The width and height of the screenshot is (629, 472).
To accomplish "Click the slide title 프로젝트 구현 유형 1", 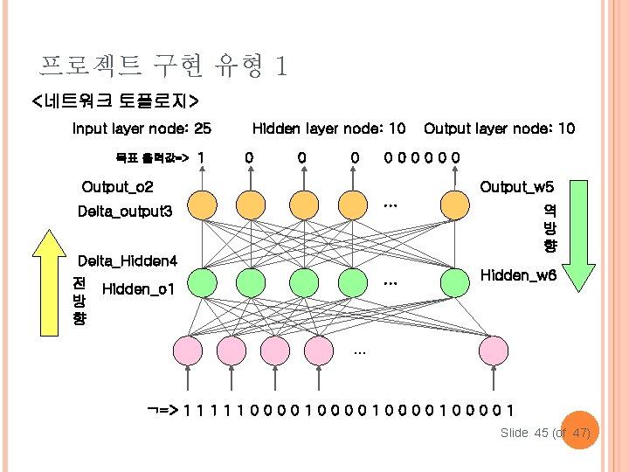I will point(163,66).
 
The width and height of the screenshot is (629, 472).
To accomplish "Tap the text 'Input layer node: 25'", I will point(142,129).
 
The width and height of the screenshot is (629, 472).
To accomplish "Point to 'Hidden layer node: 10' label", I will point(328,129).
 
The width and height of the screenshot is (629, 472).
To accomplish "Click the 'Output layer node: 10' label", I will point(499,129).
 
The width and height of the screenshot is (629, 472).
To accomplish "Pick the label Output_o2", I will point(117,186).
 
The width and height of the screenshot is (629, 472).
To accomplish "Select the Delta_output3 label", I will point(125,212).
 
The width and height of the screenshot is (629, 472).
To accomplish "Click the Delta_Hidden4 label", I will point(128,260).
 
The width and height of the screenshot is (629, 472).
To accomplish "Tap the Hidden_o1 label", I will point(138,288).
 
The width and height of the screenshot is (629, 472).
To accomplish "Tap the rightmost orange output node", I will point(454,205).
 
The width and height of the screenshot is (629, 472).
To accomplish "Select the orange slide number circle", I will point(578,432).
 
